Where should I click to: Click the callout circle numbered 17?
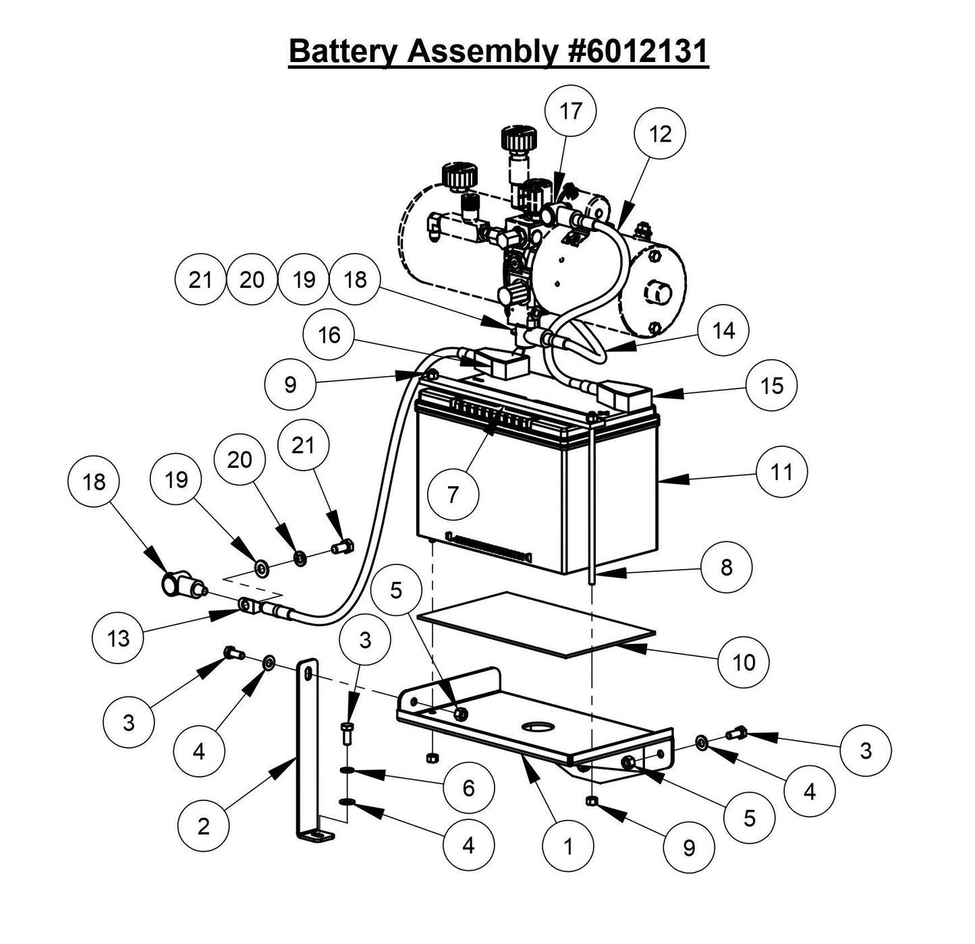pyautogui.click(x=571, y=111)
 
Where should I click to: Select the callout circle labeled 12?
pyautogui.click(x=660, y=134)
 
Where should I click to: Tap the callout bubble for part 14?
pyautogui.click(x=723, y=330)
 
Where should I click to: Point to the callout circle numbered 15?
pyautogui.click(x=772, y=385)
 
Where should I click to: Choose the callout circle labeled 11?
pyautogui.click(x=781, y=472)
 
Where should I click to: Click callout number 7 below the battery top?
pyautogui.click(x=453, y=495)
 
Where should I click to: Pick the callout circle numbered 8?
pyautogui.click(x=726, y=567)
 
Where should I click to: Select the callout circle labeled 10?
pyautogui.click(x=744, y=662)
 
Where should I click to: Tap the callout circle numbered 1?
pyautogui.click(x=568, y=846)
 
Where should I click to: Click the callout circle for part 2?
pyautogui.click(x=204, y=826)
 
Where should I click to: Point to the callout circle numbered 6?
pyautogui.click(x=469, y=788)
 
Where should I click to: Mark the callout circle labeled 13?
pyautogui.click(x=118, y=637)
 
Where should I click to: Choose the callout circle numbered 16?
pyautogui.click(x=329, y=335)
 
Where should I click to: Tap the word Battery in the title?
pyautogui.click(x=343, y=51)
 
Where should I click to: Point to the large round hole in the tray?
pyautogui.click(x=536, y=728)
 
